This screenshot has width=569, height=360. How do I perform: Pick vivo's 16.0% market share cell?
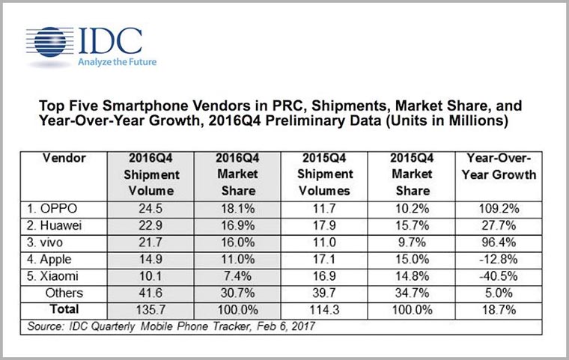coord(236,240)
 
